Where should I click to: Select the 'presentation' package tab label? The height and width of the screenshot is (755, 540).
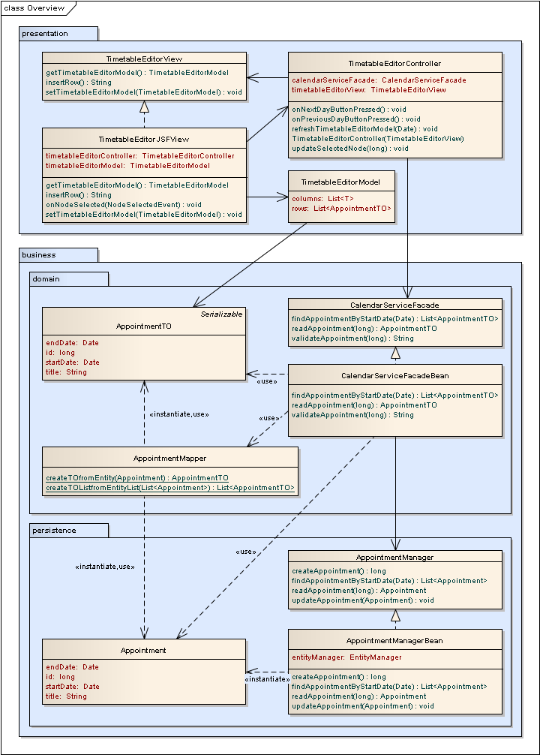tap(45, 33)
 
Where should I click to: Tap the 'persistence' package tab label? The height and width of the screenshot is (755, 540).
tap(54, 530)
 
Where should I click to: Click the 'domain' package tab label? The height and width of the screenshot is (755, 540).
tap(46, 278)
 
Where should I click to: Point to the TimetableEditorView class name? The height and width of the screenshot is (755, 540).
tap(144, 59)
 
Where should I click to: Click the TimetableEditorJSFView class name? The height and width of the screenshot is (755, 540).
tap(144, 140)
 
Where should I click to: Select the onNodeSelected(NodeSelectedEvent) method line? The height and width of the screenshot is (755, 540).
tap(124, 204)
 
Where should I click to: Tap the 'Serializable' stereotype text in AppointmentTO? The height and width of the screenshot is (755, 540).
tap(221, 314)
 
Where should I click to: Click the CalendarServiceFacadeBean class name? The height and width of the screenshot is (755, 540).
tap(395, 375)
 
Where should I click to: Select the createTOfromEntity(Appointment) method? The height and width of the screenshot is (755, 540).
tap(137, 478)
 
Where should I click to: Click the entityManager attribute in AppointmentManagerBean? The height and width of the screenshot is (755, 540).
tap(346, 657)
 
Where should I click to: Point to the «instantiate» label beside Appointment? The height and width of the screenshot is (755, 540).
tap(267, 678)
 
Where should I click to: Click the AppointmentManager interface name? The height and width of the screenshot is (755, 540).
tap(395, 557)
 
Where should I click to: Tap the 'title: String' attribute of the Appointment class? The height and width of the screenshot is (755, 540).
tap(66, 696)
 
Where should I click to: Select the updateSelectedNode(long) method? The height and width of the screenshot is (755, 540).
tap(350, 148)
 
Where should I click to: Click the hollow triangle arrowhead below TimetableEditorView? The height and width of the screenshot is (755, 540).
tap(144, 107)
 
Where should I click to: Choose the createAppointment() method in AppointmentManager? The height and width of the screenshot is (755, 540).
tap(339, 571)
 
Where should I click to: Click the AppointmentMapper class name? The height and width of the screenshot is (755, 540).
tap(169, 458)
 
